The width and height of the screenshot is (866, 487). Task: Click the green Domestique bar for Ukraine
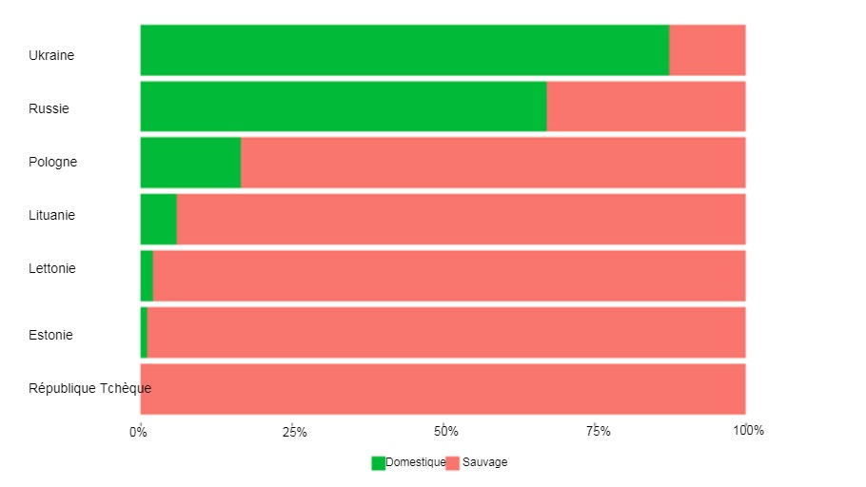click(x=404, y=50)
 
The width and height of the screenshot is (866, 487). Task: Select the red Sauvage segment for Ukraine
click(x=707, y=50)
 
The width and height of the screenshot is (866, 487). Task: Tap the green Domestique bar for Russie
click(x=344, y=107)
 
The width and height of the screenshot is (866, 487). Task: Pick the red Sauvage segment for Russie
click(x=646, y=107)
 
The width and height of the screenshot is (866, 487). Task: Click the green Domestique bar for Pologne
click(x=190, y=163)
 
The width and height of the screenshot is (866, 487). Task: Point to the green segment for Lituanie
click(x=159, y=219)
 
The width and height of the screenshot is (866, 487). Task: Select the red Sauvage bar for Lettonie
click(x=449, y=276)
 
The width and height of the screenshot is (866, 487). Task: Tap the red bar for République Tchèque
click(x=443, y=388)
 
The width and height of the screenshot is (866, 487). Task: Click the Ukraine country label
click(x=51, y=55)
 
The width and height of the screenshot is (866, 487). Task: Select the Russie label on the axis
click(x=49, y=108)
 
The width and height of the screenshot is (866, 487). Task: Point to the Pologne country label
click(x=52, y=162)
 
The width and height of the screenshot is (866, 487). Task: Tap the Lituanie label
click(x=52, y=215)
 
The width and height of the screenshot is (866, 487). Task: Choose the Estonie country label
click(x=50, y=335)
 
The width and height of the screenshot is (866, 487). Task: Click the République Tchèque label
click(x=89, y=388)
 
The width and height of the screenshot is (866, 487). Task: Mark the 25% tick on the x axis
click(x=295, y=432)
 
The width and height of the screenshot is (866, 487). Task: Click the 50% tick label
click(x=445, y=432)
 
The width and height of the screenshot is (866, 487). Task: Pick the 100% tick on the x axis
click(x=748, y=432)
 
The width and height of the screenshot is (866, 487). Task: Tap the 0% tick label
click(x=139, y=432)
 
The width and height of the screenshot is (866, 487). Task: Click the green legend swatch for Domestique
click(x=378, y=463)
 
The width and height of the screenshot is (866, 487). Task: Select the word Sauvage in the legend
click(x=484, y=462)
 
